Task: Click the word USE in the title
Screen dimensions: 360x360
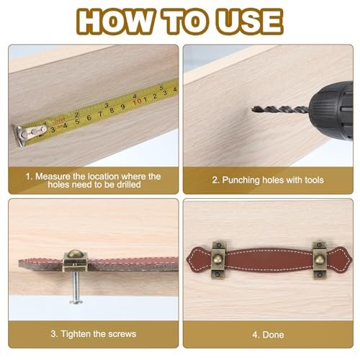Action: click(x=250, y=22)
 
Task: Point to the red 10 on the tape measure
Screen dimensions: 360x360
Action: click(x=137, y=102)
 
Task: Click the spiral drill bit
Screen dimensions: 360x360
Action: click(x=280, y=109)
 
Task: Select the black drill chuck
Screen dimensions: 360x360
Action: click(x=331, y=111)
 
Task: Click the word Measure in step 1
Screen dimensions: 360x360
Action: click(x=53, y=176)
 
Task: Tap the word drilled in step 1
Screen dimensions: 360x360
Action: click(x=129, y=184)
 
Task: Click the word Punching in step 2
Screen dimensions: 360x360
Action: click(x=240, y=180)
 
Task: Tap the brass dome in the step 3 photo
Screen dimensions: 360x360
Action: click(x=75, y=254)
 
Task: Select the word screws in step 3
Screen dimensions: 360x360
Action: click(x=122, y=334)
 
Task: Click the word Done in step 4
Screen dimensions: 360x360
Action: click(x=274, y=335)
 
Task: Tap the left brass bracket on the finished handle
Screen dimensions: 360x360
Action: click(x=218, y=260)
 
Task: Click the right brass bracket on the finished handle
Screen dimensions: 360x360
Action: click(x=320, y=260)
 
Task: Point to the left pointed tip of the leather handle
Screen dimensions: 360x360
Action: click(x=187, y=258)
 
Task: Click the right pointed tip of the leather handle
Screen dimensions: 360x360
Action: click(x=351, y=259)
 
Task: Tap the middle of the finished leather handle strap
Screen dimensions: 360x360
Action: click(x=269, y=260)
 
